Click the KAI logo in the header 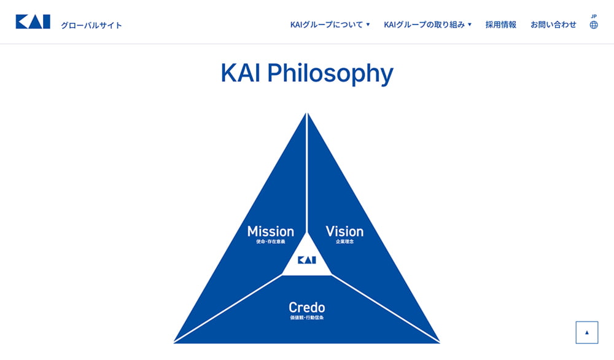(x=33, y=22)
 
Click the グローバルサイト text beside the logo (x=91, y=25)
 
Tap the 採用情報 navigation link (x=501, y=25)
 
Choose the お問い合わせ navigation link (x=553, y=25)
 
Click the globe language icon (x=594, y=25)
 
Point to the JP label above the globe (x=594, y=17)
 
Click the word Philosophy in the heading (x=330, y=74)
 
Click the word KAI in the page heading (x=241, y=73)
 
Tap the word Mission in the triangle (x=271, y=231)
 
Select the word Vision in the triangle (x=344, y=231)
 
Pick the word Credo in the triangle (x=307, y=307)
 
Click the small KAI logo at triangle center (x=307, y=260)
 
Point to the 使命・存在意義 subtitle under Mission (x=271, y=241)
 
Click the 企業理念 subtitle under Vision (x=344, y=241)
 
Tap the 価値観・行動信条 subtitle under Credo (x=307, y=318)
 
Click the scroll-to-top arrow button (x=586, y=332)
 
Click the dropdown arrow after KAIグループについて (x=368, y=25)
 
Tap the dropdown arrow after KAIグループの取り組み (x=470, y=25)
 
